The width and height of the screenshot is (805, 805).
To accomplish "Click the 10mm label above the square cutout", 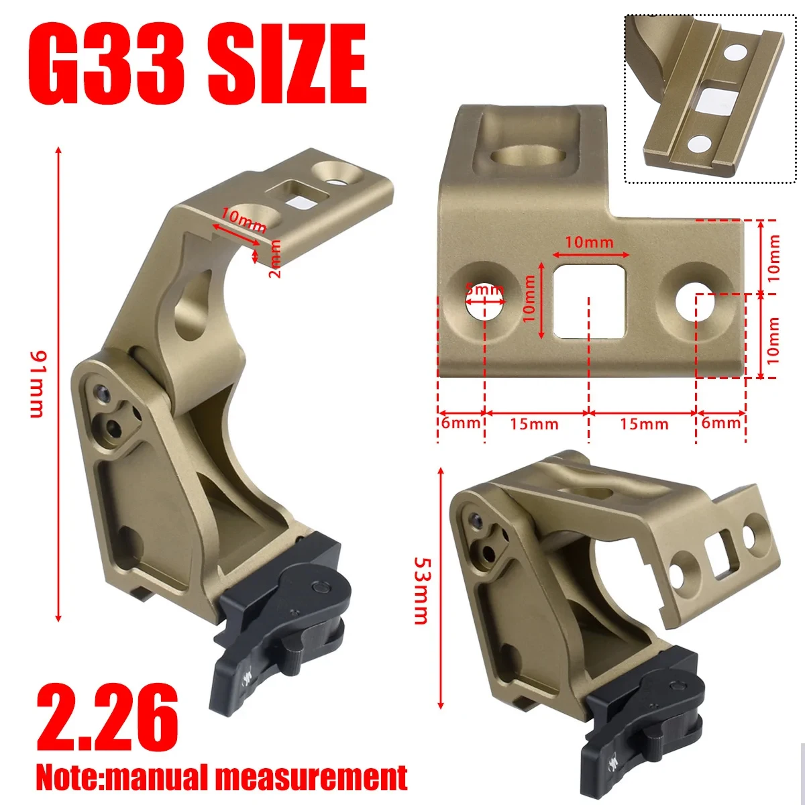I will pyautogui.click(x=589, y=242).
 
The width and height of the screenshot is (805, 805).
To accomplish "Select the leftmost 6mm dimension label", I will pyautogui.click(x=461, y=423).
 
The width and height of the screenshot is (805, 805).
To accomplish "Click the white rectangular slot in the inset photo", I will pyautogui.click(x=712, y=99).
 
